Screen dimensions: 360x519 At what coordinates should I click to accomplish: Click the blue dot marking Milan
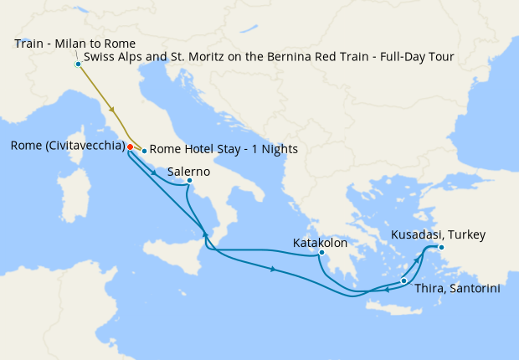tap(78, 64)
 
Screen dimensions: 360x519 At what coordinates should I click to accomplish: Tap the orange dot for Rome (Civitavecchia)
tap(130, 147)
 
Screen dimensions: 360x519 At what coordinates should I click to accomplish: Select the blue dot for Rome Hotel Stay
tap(144, 151)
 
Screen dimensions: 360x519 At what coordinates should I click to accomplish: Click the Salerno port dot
tap(190, 181)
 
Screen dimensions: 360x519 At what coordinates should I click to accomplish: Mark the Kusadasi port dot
tap(441, 247)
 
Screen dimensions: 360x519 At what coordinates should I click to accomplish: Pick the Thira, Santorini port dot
tap(403, 280)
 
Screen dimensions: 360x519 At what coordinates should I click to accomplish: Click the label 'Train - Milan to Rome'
tap(75, 44)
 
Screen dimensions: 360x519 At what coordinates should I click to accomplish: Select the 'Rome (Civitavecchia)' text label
tap(67, 146)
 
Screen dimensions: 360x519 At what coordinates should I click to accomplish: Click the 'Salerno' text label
tap(188, 171)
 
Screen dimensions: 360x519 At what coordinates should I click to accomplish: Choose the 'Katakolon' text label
tap(320, 243)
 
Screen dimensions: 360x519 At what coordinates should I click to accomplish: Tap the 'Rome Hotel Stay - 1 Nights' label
tap(223, 150)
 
